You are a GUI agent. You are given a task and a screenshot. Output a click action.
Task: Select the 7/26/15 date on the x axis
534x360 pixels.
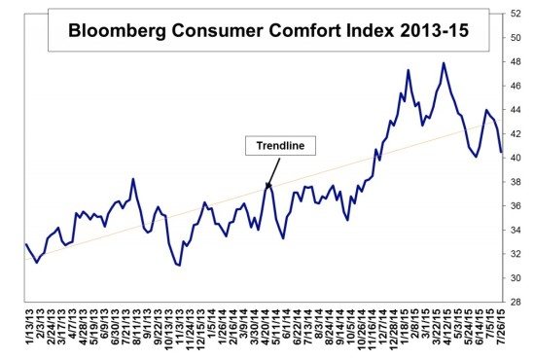(x=502, y=331)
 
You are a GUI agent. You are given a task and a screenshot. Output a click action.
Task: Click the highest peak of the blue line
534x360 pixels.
(x=444, y=63)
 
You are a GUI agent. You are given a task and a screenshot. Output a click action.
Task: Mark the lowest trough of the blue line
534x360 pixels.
(x=179, y=265)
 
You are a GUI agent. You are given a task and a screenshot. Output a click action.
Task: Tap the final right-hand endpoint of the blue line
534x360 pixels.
(x=502, y=152)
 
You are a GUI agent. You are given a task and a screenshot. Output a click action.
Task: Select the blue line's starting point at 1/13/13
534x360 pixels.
(x=26, y=244)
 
